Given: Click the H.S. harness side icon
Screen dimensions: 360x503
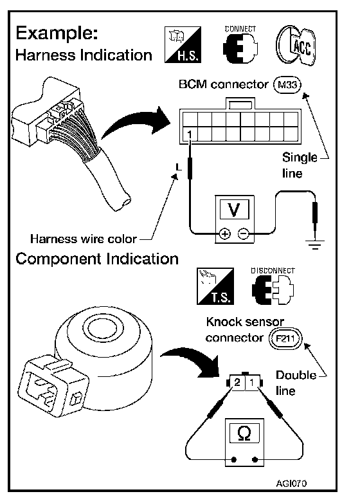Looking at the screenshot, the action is click(x=183, y=44).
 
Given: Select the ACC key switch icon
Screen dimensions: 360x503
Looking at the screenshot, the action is click(x=296, y=46).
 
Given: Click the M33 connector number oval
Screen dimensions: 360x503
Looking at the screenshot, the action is click(x=287, y=85).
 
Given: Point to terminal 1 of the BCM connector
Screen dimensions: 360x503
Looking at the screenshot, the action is click(x=190, y=134).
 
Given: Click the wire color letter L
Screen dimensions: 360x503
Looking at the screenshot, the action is click(x=179, y=167).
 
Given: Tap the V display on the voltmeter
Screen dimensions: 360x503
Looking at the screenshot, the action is click(x=234, y=210).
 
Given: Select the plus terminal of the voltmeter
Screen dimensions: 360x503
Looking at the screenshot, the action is click(x=225, y=234).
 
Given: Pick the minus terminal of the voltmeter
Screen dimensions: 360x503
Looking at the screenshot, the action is click(x=243, y=234).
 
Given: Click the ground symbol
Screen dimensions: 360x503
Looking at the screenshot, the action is click(x=316, y=245).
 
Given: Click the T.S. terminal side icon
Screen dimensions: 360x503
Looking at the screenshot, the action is click(x=215, y=286).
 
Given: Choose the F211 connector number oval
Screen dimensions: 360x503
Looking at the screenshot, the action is click(x=285, y=338).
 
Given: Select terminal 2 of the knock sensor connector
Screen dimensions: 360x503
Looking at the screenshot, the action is click(x=237, y=382).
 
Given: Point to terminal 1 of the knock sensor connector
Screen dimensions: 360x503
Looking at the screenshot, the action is click(x=252, y=382).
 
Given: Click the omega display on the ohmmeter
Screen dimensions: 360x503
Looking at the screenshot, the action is click(x=244, y=434).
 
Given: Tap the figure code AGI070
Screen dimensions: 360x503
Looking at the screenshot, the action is click(x=291, y=483).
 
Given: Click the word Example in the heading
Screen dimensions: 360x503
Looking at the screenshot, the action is click(x=57, y=33).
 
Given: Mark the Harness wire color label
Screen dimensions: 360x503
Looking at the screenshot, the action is click(x=84, y=239).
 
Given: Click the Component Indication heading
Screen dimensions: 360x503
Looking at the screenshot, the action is click(x=97, y=259).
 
